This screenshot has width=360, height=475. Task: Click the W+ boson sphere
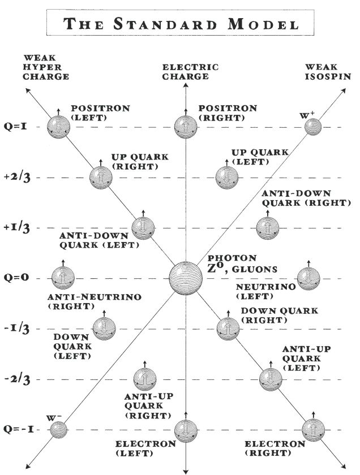(312, 127)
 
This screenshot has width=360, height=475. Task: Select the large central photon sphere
(186, 278)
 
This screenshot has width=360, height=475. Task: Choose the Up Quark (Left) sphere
(225, 177)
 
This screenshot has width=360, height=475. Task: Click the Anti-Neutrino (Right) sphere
(62, 278)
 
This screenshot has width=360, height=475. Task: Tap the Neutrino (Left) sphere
(308, 278)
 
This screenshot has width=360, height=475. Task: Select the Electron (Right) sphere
(313, 430)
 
